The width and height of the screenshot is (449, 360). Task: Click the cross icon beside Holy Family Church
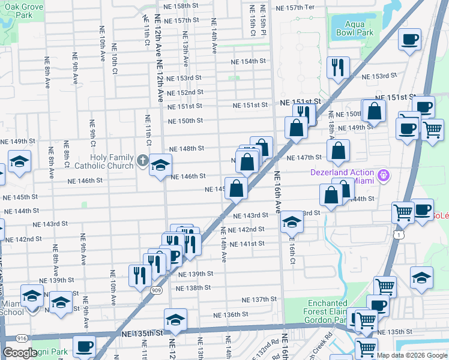tap(142, 160)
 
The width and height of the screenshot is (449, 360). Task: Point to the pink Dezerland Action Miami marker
tap(384, 176)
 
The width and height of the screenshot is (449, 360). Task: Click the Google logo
tap(20, 353)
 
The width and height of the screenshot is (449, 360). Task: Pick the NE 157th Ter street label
tap(295, 8)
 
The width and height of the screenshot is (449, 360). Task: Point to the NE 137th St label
tap(259, 299)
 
